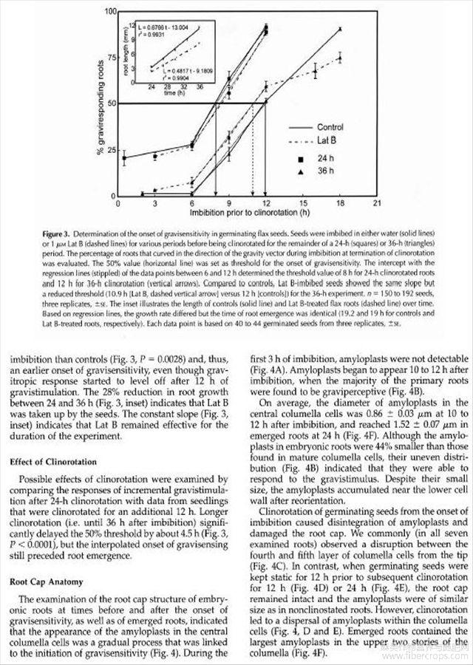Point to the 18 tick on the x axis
coord(340,202)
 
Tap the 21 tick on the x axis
coord(377,202)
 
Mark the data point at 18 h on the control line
coord(340,29)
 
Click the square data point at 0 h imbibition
coord(124,157)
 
